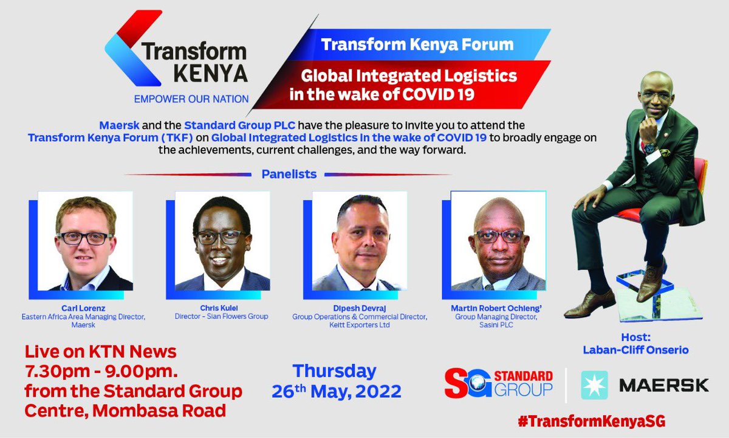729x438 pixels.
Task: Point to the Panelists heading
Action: (x=289, y=174)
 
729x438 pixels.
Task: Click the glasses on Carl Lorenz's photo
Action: (x=84, y=238)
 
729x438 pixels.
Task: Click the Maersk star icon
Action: (x=594, y=385)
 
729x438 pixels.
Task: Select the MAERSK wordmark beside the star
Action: (x=655, y=385)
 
